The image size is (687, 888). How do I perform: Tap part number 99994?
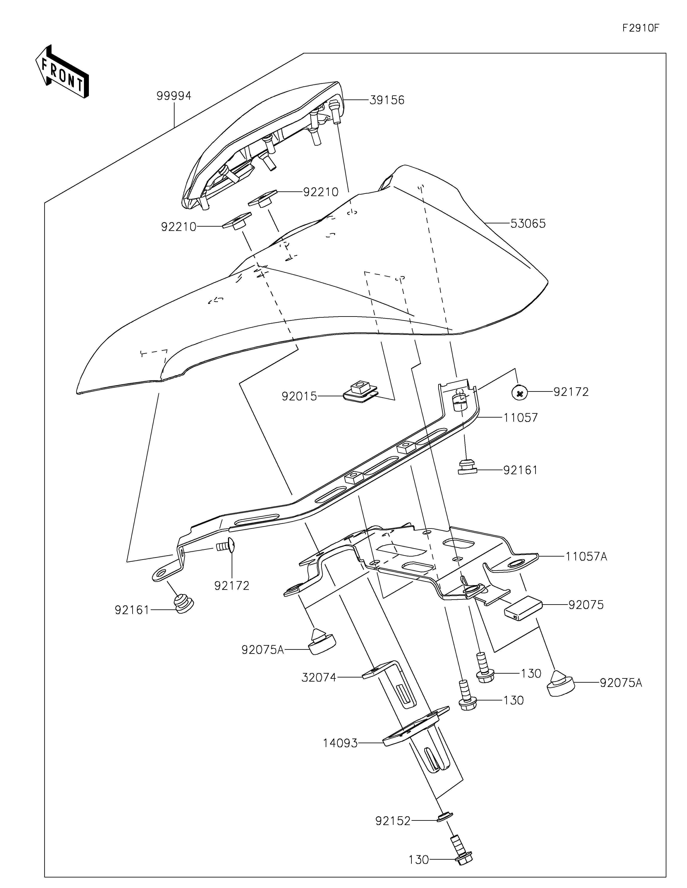pos(174,96)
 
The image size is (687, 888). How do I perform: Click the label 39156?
pos(387,100)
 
